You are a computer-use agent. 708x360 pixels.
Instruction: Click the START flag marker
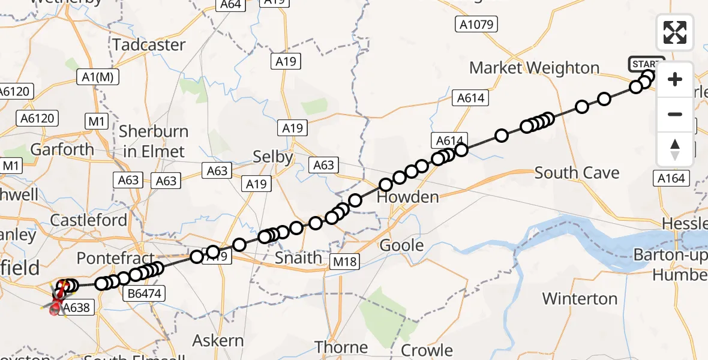pyautogui.click(x=646, y=64)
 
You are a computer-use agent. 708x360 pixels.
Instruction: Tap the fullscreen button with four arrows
pyautogui.click(x=675, y=32)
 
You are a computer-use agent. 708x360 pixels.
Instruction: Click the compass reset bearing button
pyautogui.click(x=675, y=149)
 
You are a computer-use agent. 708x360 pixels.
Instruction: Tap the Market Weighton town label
pyautogui.click(x=534, y=68)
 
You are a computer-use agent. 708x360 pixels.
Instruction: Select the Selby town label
pyautogui.click(x=272, y=157)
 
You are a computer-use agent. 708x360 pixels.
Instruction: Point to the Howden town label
pyautogui.click(x=407, y=197)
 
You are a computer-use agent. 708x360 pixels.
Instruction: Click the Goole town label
pyautogui.click(x=402, y=245)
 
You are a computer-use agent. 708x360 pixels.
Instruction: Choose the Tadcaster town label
pyautogui.click(x=149, y=44)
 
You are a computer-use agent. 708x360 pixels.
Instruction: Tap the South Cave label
pyautogui.click(x=577, y=173)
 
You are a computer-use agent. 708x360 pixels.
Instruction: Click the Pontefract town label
pyautogui.click(x=107, y=259)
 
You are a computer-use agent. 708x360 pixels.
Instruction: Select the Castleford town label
pyautogui.click(x=89, y=220)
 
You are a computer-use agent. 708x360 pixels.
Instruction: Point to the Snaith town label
pyautogui.click(x=298, y=258)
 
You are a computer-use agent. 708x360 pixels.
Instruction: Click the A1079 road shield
pyautogui.click(x=476, y=24)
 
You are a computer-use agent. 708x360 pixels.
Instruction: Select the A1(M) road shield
pyautogui.click(x=99, y=77)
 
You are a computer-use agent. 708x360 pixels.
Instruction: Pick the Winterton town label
pyautogui.click(x=580, y=298)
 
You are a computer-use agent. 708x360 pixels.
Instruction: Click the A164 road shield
pyautogui.click(x=671, y=178)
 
